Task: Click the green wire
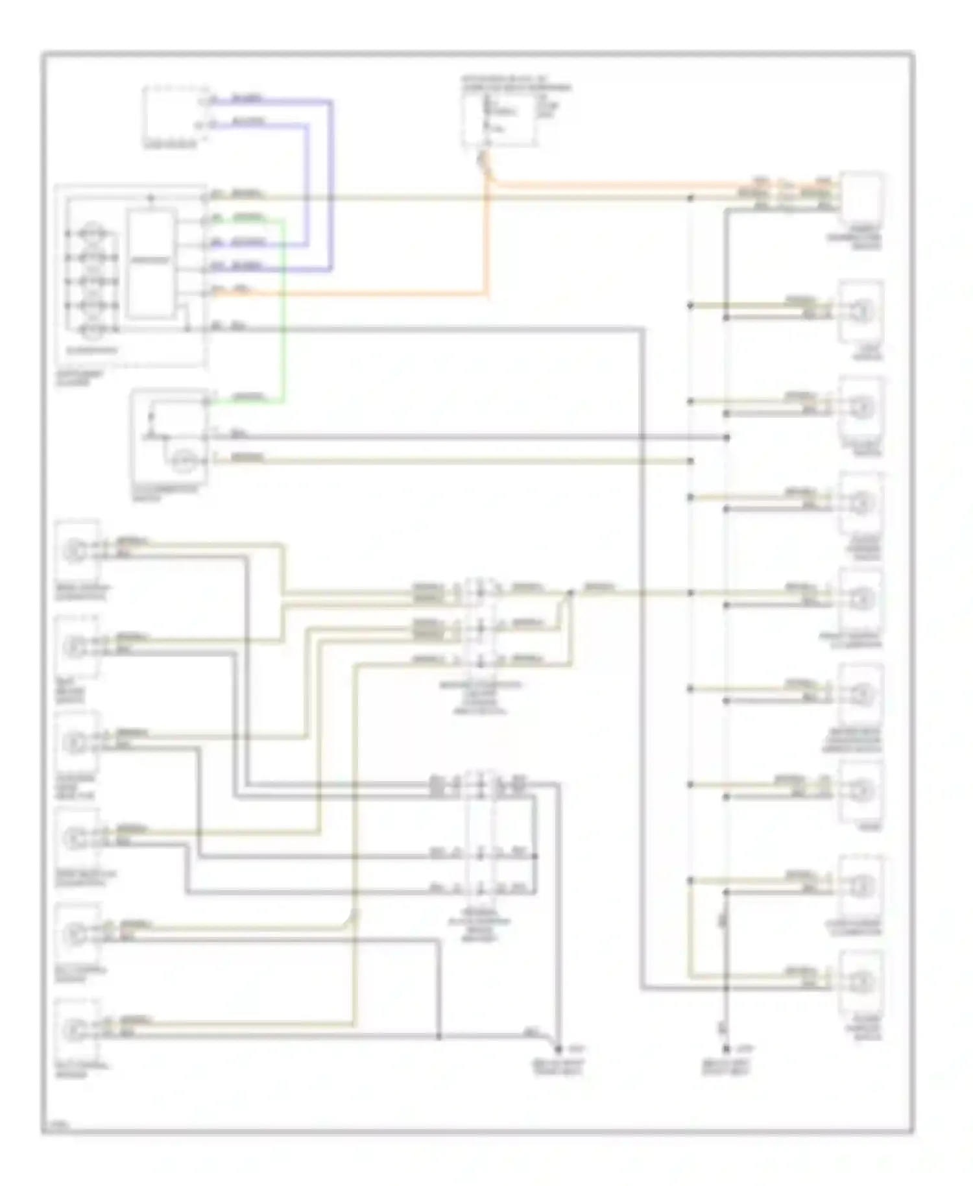coord(283,311)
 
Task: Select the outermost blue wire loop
coord(331,188)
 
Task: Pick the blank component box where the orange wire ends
coord(861,195)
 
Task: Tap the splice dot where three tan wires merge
coord(570,592)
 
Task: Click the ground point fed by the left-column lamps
coord(558,1048)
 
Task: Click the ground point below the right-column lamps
coord(727,1048)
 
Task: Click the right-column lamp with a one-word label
coord(860,790)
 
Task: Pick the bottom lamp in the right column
coord(860,981)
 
